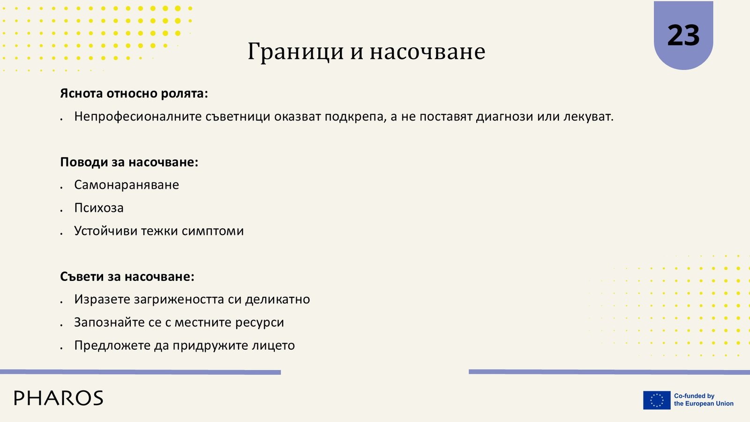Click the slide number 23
click(x=683, y=36)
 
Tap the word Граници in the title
click(x=296, y=52)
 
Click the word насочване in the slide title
click(x=427, y=52)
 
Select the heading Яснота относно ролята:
click(x=134, y=93)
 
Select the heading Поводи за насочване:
click(x=129, y=162)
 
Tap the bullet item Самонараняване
click(x=127, y=185)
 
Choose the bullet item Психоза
click(x=99, y=208)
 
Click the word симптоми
click(x=213, y=231)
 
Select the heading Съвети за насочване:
click(x=127, y=277)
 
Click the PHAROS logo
click(x=59, y=398)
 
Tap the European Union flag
click(x=657, y=400)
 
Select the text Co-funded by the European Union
click(x=704, y=400)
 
